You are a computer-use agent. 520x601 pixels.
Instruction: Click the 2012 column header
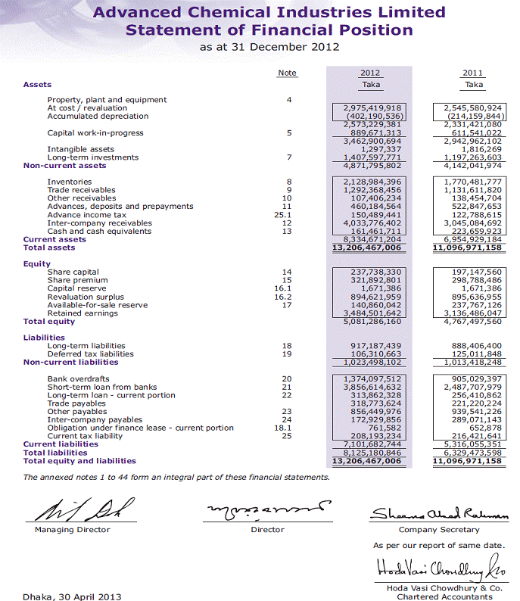pos(370,73)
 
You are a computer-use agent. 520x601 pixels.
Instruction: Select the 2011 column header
pos(474,73)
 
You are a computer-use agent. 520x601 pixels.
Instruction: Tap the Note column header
pos(287,73)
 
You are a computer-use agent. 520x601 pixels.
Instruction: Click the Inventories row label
pos(69,182)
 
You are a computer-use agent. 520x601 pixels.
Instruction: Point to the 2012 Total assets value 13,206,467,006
pos(370,248)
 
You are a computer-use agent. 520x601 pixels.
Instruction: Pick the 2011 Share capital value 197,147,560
pos(474,272)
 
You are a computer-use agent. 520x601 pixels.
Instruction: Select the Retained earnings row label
pos(83,313)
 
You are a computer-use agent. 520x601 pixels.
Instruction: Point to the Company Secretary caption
pos(439,530)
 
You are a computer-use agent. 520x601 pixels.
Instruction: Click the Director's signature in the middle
pos(269,509)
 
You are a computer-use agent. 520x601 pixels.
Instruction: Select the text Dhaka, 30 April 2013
pos(72,596)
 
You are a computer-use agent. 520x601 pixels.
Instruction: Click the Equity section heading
pos(36,264)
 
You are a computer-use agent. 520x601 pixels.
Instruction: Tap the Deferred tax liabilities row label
pos(91,353)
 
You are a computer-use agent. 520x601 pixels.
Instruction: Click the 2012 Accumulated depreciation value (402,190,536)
pos(371,116)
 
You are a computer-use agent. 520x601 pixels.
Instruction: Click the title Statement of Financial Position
pos(269,30)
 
